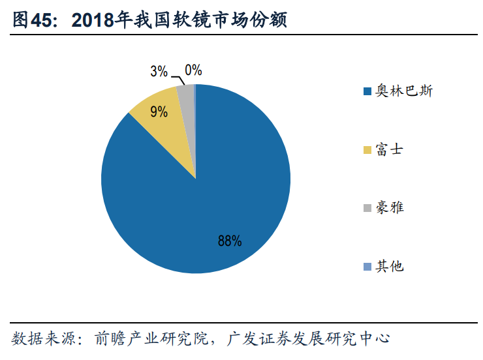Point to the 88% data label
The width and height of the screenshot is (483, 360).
click(x=230, y=241)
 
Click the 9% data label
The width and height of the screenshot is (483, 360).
click(x=158, y=112)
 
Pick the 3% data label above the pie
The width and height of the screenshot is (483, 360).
click(x=159, y=71)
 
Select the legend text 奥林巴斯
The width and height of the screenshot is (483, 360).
click(x=403, y=91)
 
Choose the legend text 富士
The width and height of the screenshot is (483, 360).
click(x=389, y=149)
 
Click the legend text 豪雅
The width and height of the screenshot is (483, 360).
click(x=389, y=207)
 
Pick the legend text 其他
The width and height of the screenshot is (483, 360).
click(x=389, y=265)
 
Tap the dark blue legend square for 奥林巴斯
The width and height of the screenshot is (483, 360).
click(x=367, y=91)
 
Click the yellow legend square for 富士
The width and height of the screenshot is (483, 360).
click(x=367, y=149)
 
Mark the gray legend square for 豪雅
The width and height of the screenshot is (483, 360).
click(x=367, y=207)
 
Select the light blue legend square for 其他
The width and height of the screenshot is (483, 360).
click(x=367, y=266)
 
